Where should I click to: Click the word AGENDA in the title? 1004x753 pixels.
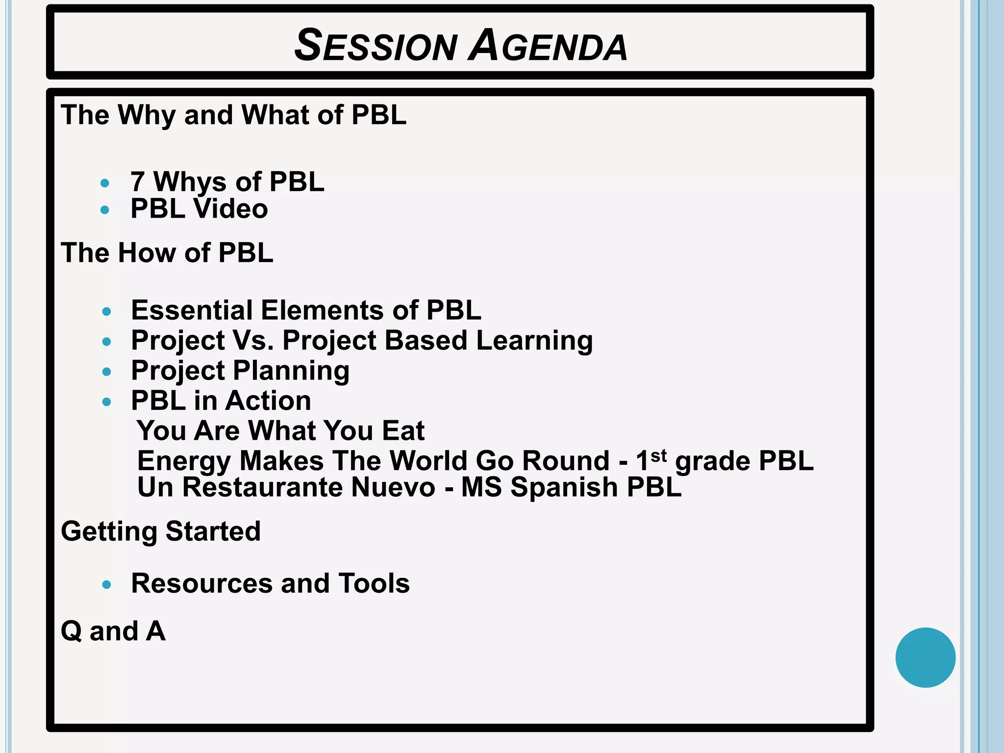[x=548, y=46]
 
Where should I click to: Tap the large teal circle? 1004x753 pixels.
[x=925, y=657]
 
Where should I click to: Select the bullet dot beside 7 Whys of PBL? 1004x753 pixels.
[x=104, y=183]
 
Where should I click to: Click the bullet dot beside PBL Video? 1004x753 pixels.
[x=104, y=210]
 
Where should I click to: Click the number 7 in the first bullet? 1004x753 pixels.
[x=138, y=181]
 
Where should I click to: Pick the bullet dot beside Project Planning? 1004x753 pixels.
[x=107, y=372]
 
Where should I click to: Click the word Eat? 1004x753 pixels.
[x=403, y=431]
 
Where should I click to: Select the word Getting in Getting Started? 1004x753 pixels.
[x=109, y=532]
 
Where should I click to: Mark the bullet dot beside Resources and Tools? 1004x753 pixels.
[x=107, y=584]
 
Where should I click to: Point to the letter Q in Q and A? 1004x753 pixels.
[x=72, y=631]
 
